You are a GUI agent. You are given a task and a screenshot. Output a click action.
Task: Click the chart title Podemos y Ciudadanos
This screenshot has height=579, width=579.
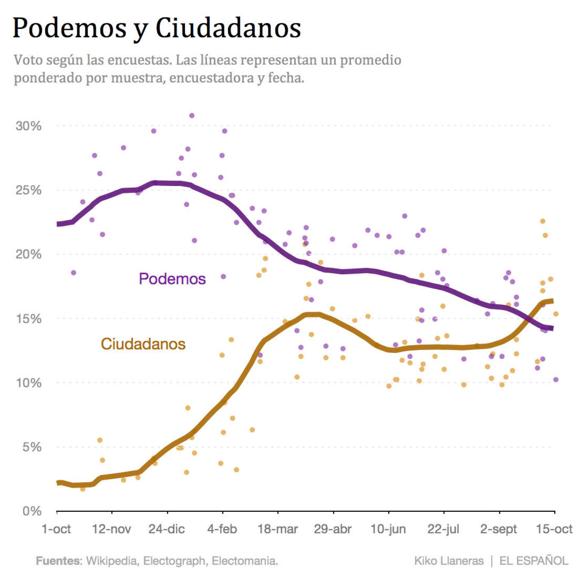click(x=156, y=28)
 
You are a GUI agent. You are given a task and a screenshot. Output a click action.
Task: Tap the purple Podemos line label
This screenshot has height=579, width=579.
click(x=172, y=279)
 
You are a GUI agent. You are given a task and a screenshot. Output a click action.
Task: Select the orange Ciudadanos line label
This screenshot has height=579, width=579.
click(x=143, y=344)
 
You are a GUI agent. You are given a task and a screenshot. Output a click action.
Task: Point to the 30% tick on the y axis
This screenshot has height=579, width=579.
click(x=29, y=126)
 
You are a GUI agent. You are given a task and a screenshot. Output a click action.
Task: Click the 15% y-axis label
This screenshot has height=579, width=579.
click(x=29, y=319)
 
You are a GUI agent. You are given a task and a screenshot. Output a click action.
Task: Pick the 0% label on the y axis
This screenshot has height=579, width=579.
click(x=32, y=511)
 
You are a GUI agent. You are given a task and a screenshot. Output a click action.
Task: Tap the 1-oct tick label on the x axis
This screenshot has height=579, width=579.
click(x=56, y=529)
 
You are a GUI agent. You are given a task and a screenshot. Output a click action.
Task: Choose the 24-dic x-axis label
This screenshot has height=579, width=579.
click(x=167, y=529)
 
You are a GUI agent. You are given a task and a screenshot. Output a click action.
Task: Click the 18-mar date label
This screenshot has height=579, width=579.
click(x=278, y=529)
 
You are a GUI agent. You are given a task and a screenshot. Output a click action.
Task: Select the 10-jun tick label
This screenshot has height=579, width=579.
click(x=388, y=529)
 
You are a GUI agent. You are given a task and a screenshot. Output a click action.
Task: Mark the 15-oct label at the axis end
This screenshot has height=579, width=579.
click(x=554, y=529)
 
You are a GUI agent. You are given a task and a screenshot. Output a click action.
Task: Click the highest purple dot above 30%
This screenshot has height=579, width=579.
click(x=192, y=116)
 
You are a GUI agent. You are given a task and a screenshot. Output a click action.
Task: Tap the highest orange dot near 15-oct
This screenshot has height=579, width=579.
click(x=543, y=221)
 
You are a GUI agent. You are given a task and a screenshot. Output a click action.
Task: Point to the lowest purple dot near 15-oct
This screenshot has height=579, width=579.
click(x=556, y=380)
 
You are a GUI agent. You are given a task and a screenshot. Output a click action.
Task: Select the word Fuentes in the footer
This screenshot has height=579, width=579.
click(x=59, y=561)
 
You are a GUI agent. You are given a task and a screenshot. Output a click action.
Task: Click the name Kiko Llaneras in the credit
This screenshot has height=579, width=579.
click(x=449, y=561)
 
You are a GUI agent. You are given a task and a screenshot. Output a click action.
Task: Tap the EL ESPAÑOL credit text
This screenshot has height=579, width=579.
click(x=534, y=561)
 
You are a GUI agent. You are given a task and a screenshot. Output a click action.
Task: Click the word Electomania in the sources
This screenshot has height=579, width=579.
click(x=244, y=561)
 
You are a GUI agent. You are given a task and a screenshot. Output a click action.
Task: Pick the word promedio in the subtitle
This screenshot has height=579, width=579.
click(x=371, y=60)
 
